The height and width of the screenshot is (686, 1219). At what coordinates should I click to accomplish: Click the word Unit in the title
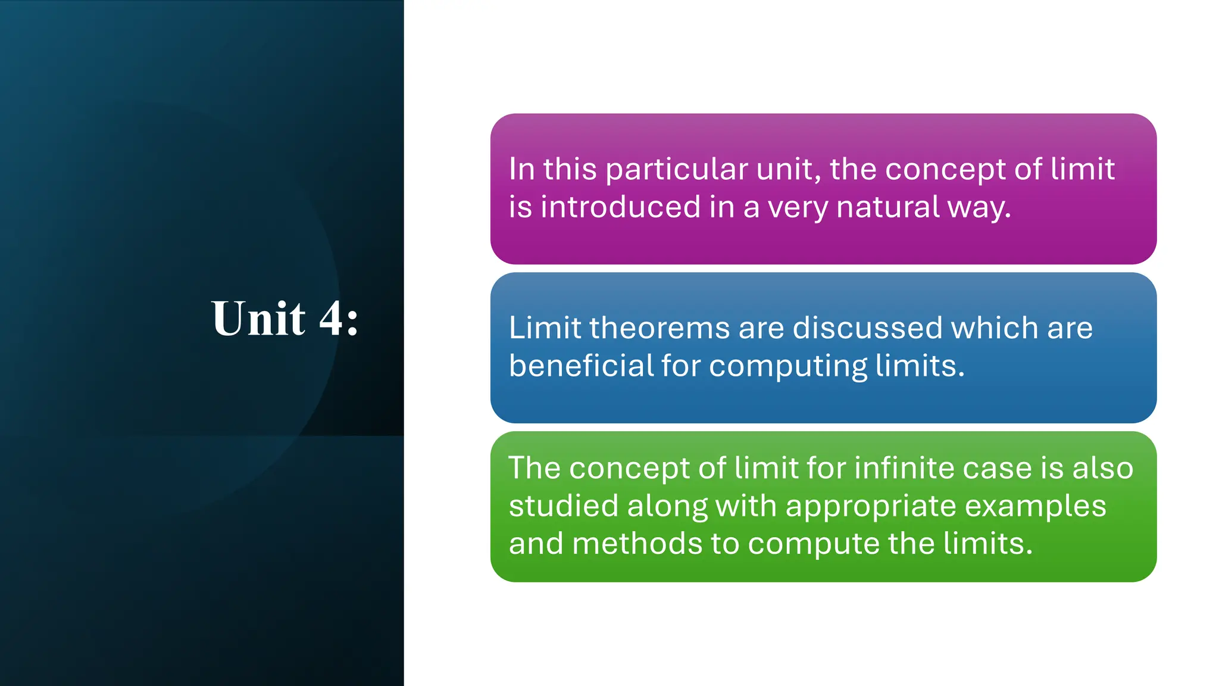coord(258,319)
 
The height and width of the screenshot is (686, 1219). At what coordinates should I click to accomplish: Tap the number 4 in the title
coord(331,319)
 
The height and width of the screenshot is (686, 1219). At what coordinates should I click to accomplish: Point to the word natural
coord(887,207)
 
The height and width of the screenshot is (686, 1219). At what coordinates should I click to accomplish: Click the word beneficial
coord(581,366)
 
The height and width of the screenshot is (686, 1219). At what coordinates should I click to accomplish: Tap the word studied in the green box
coord(563,506)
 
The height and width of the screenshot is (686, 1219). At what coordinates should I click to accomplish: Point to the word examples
coord(1035,507)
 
